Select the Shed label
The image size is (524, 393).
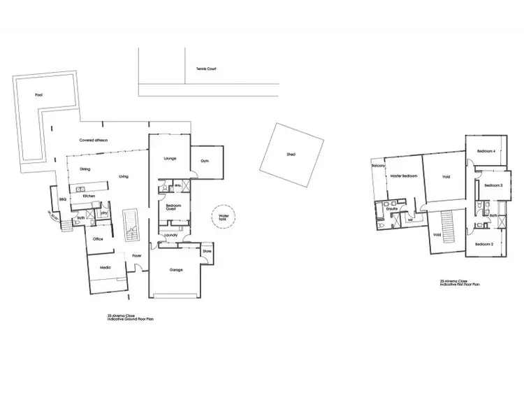[291, 154]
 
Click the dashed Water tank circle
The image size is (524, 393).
[224, 216]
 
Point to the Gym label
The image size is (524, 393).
[205, 162]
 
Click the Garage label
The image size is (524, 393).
[176, 270]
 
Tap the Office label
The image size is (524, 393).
[99, 238]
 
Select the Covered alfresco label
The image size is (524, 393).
[93, 140]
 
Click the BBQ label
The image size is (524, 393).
[61, 200]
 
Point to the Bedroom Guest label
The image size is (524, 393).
[173, 207]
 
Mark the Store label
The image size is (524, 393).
[207, 250]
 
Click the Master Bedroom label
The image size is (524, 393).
[404, 176]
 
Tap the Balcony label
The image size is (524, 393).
[379, 166]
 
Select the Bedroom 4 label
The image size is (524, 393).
[486, 151]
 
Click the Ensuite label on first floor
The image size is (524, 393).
[392, 208]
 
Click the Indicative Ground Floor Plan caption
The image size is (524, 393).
[131, 317]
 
